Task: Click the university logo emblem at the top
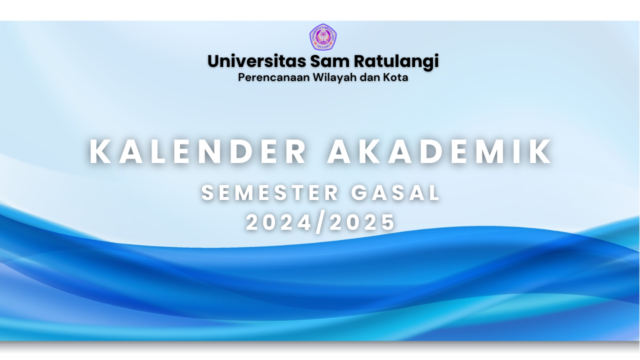pos(322,37)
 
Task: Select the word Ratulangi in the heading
pos(396,61)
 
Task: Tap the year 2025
pos(362,222)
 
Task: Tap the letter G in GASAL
pos(360,193)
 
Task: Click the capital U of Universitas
pos(214,61)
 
